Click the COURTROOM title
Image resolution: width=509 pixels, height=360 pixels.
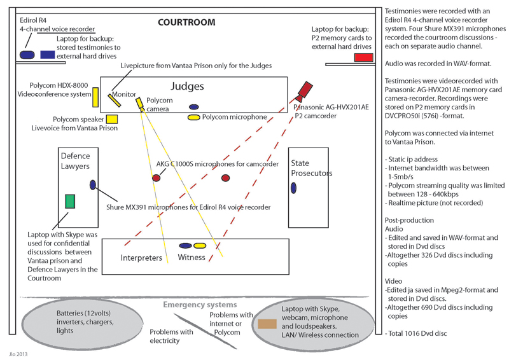pos(186,22)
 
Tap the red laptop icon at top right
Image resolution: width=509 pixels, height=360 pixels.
pos(363,57)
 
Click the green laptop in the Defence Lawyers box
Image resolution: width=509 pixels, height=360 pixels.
pos(70,202)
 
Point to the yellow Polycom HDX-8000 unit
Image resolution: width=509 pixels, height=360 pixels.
pos(95,97)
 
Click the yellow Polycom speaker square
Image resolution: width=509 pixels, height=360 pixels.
pos(112,119)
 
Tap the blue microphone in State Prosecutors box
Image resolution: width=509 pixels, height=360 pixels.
pos(293,188)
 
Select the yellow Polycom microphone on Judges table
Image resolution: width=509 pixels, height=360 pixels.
pos(193,118)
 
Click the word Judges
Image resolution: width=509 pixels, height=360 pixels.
pos(187,86)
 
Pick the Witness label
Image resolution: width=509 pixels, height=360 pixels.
pos(192,258)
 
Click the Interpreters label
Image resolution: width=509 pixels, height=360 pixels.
pos(141,258)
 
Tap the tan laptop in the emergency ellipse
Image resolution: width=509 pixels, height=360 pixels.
pos(267,324)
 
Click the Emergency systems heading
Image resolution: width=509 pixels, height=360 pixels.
pos(199,305)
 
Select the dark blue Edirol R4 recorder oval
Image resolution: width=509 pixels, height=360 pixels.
pos(27,55)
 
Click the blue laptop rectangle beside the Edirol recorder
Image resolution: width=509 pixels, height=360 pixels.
pos(47,55)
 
